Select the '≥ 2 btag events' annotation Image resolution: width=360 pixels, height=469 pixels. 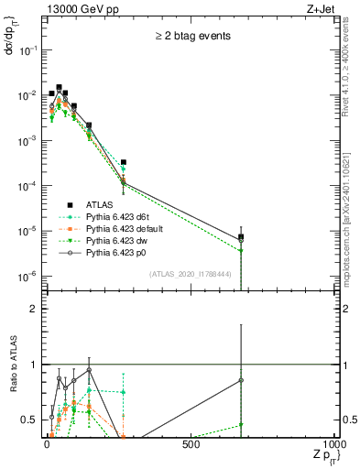tap(192, 36)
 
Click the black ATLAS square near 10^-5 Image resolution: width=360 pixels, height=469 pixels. tap(241, 237)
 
